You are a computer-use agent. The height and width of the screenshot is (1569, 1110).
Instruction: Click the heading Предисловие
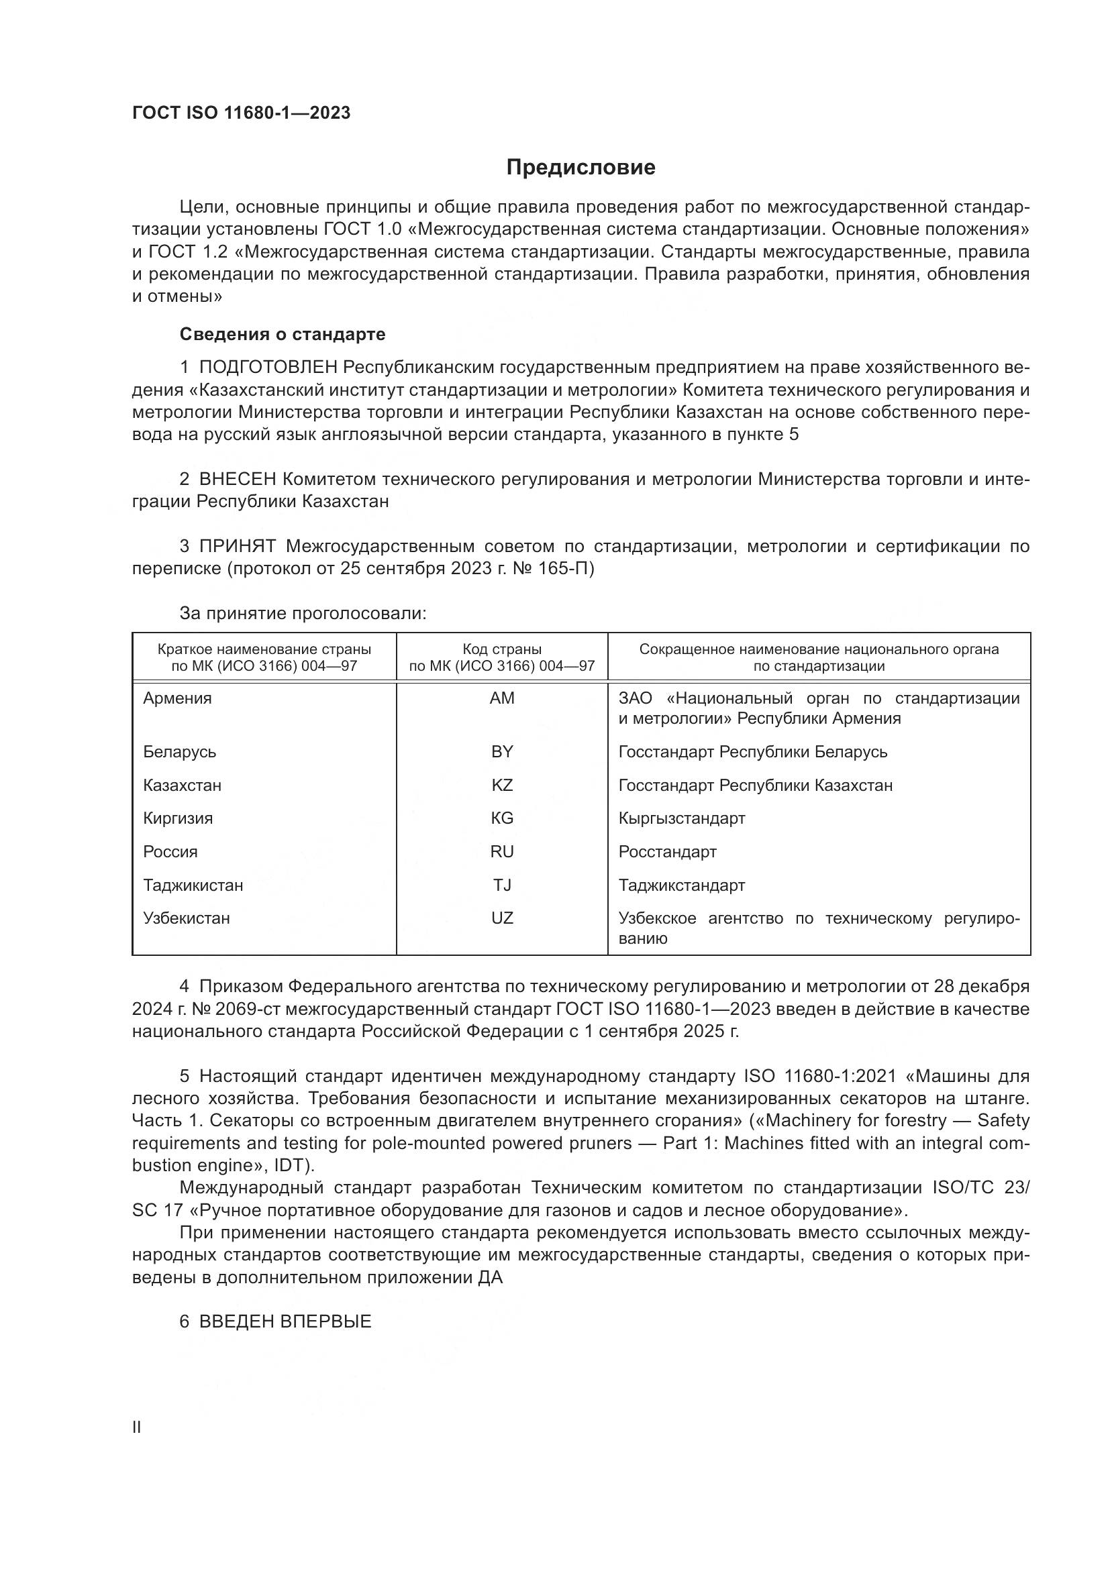pyautogui.click(x=581, y=168)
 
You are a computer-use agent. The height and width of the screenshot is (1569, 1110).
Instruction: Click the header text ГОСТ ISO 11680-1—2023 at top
pyautogui.click(x=241, y=113)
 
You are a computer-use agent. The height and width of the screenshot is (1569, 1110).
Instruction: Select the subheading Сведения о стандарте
pyautogui.click(x=283, y=334)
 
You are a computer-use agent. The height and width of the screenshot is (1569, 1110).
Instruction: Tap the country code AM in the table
pyautogui.click(x=502, y=698)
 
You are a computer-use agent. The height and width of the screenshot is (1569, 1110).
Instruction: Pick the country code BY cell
pyautogui.click(x=502, y=752)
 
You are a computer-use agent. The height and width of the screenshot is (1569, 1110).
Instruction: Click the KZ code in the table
pyautogui.click(x=502, y=786)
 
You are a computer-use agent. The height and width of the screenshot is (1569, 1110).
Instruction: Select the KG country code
pyautogui.click(x=502, y=818)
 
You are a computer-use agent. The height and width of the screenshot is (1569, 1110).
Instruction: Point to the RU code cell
pyautogui.click(x=502, y=851)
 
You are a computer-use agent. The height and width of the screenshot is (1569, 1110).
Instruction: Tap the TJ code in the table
pyautogui.click(x=502, y=885)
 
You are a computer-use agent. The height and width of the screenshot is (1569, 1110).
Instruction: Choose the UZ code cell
pyautogui.click(x=502, y=918)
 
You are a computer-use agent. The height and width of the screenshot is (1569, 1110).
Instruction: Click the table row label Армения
pyautogui.click(x=177, y=698)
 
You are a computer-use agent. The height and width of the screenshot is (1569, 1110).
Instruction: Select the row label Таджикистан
pyautogui.click(x=193, y=885)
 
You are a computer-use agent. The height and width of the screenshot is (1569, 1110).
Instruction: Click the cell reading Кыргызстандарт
pyautogui.click(x=681, y=818)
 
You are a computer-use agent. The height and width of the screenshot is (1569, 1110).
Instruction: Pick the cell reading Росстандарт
pyautogui.click(x=667, y=851)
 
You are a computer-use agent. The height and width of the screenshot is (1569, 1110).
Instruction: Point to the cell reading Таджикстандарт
pyautogui.click(x=681, y=885)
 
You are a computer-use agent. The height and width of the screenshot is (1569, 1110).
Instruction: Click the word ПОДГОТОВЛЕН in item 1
pyautogui.click(x=268, y=368)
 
